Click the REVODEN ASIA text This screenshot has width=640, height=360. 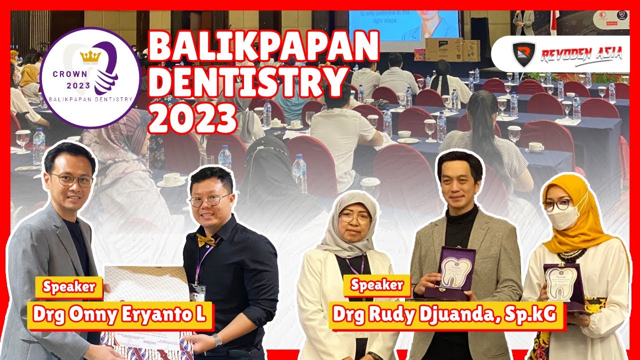580,53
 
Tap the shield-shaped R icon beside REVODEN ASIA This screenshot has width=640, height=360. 523,53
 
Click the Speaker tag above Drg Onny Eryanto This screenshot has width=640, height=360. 69,287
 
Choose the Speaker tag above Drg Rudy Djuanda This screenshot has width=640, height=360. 377,285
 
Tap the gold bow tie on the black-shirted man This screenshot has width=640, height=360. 205,240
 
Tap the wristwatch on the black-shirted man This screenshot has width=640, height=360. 217,340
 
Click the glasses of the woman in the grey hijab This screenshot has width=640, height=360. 354,217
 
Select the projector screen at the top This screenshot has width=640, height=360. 404,24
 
